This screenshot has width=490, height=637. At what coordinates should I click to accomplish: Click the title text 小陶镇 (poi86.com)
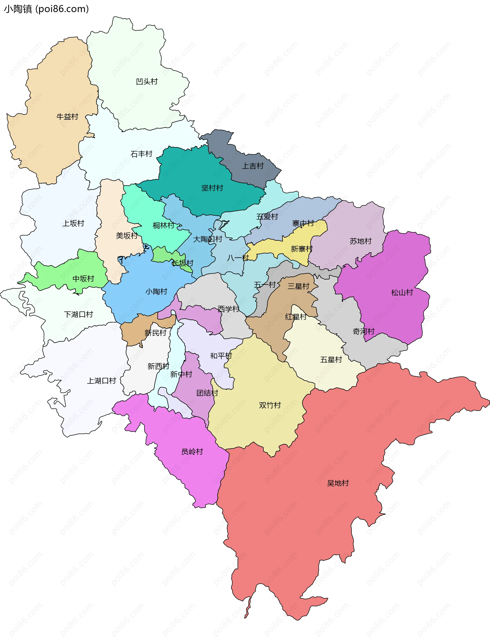point(46,9)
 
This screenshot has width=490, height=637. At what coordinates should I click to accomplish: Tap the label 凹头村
point(147,82)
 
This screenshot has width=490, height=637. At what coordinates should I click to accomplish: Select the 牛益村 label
point(67,117)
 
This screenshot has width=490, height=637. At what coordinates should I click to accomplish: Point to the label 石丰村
point(141,154)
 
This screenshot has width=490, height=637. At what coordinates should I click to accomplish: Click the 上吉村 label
point(253,166)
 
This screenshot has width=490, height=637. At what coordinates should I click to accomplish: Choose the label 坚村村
point(212,188)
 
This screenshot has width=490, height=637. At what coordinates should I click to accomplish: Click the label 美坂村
point(127,235)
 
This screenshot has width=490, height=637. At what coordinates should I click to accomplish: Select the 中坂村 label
point(83,279)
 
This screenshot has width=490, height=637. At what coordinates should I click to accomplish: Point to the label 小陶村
point(156,292)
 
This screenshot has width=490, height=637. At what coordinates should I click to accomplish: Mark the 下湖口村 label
point(78,315)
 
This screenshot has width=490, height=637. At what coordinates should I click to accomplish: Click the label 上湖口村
point(101,381)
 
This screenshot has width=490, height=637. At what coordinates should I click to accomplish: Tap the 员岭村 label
point(192,452)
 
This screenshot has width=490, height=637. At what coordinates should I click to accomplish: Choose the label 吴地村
point(338,483)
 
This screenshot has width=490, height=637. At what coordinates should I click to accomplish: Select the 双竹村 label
point(269,405)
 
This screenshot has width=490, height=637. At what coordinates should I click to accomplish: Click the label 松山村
point(402,292)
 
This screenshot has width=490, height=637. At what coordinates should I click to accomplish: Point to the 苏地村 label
point(361,241)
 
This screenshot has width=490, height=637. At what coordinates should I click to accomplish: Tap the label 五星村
point(331,360)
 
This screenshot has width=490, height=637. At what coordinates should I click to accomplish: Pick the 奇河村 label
point(363,331)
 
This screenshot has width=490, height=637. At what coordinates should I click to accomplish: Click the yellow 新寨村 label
point(302,249)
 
